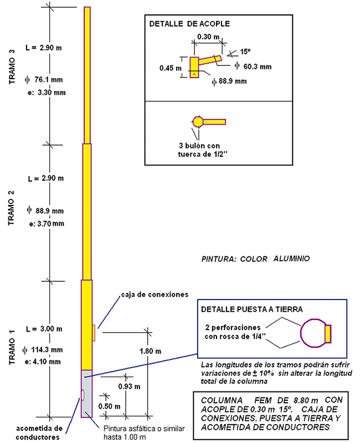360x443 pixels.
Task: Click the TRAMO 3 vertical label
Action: pyautogui.click(x=12, y=66)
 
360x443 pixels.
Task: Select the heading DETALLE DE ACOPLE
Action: pyautogui.click(x=189, y=24)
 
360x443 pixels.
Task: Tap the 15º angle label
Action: pyautogui.click(x=245, y=51)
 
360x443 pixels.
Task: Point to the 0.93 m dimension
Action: pyautogui.click(x=130, y=385)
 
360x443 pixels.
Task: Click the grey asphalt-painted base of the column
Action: pyautogui.click(x=88, y=393)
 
